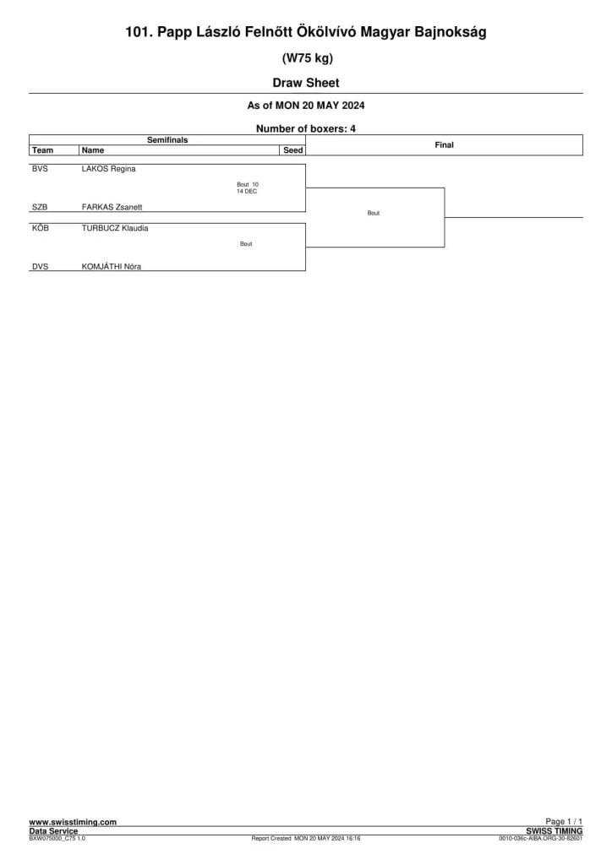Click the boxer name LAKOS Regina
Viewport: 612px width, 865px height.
[x=109, y=169]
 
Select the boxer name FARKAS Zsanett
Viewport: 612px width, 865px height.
[x=112, y=208]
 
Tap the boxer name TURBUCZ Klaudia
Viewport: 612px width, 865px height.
[x=115, y=228]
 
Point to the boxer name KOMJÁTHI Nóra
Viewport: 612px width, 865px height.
[x=112, y=266]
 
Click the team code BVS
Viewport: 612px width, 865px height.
[x=40, y=169]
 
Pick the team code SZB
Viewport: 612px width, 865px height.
[x=40, y=208]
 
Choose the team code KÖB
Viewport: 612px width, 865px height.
[x=41, y=228]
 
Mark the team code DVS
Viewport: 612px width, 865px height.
[x=40, y=266]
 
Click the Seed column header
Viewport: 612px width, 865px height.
[x=293, y=150]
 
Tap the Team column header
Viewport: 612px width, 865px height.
[x=42, y=150]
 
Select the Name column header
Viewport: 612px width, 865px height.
[x=93, y=150]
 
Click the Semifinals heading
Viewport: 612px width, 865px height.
[x=167, y=140]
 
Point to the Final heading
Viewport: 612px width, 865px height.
[x=445, y=145]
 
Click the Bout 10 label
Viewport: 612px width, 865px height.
[x=248, y=185]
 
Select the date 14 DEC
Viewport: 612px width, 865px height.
[x=247, y=192]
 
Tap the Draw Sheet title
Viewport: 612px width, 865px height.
[x=306, y=83]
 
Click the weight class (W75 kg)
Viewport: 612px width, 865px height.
[x=308, y=58]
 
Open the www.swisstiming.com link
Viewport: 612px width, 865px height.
[x=73, y=822]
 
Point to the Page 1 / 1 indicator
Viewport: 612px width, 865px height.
[x=564, y=821]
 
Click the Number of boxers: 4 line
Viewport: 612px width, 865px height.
[x=306, y=128]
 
